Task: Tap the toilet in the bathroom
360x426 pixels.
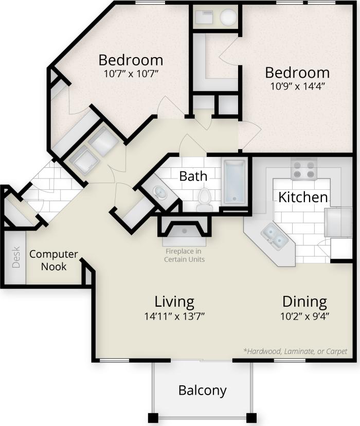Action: click(205, 198)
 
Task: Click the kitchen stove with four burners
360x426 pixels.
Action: click(303, 169)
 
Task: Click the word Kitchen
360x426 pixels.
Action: click(303, 197)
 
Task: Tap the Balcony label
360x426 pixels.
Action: click(202, 390)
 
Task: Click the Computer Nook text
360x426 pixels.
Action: click(53, 260)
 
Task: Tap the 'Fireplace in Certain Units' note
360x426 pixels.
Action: click(184, 255)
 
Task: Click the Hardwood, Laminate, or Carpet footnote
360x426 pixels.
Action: click(295, 351)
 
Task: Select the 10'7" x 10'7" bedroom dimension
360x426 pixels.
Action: click(131, 74)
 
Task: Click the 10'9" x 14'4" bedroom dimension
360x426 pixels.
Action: click(297, 85)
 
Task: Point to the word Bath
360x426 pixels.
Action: click(193, 176)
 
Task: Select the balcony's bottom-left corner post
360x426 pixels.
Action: click(153, 417)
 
